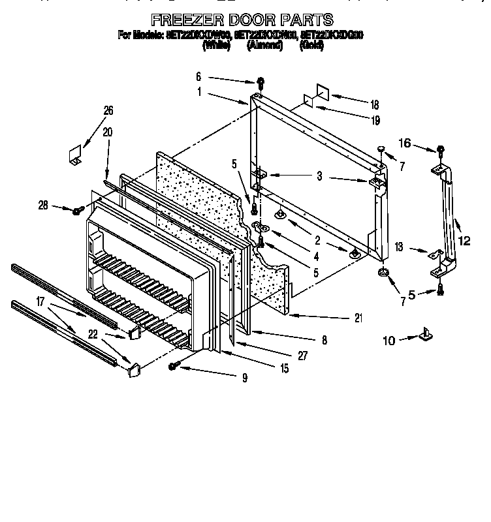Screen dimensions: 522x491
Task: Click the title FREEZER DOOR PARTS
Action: [242, 20]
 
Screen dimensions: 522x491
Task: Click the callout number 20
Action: [107, 131]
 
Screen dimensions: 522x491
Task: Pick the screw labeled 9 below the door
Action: [174, 367]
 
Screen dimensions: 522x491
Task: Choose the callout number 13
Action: [399, 247]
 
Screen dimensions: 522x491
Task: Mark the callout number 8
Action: [325, 340]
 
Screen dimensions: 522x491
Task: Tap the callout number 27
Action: [302, 356]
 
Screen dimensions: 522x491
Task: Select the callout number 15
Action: [284, 369]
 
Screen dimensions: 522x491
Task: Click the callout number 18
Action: [374, 104]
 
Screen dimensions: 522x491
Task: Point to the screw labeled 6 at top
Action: [261, 82]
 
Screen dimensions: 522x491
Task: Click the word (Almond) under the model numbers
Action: [264, 46]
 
